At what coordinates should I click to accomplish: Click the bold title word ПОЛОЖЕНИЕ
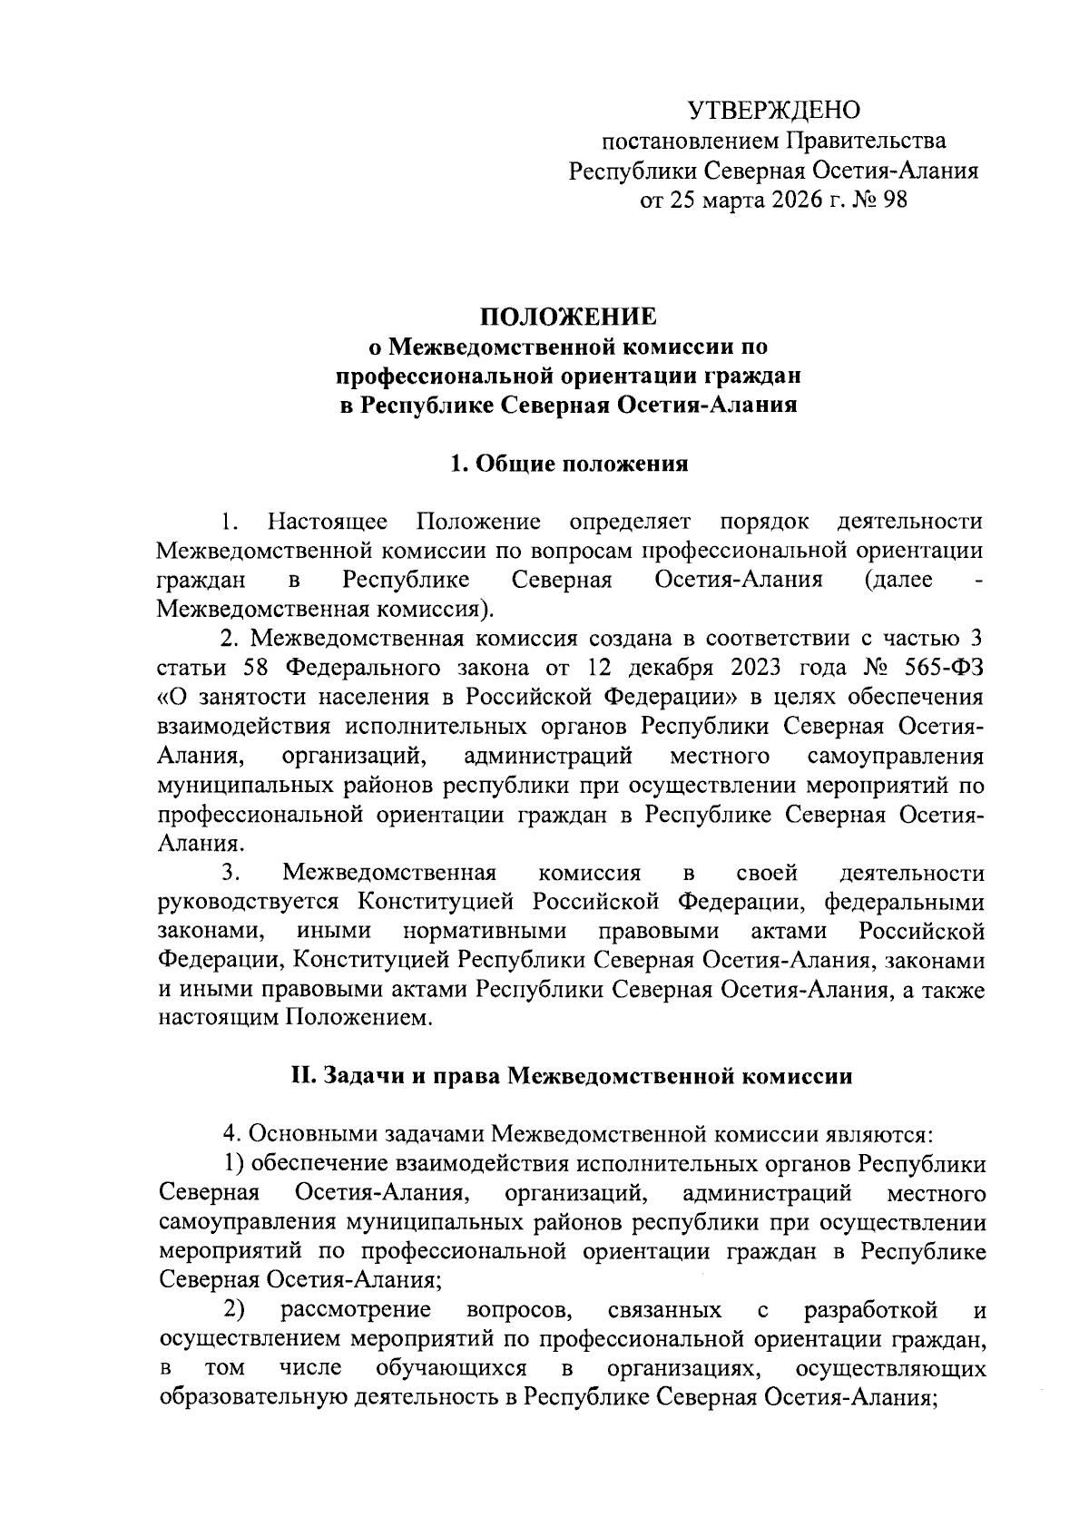click(x=568, y=317)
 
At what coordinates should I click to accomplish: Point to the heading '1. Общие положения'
click(x=569, y=464)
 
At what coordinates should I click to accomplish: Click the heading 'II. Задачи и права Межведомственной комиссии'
click(x=571, y=1076)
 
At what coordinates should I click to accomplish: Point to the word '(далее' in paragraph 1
click(x=898, y=580)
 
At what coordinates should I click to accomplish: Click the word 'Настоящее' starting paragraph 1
click(x=328, y=522)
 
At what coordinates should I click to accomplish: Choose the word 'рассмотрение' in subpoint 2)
click(x=355, y=1309)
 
